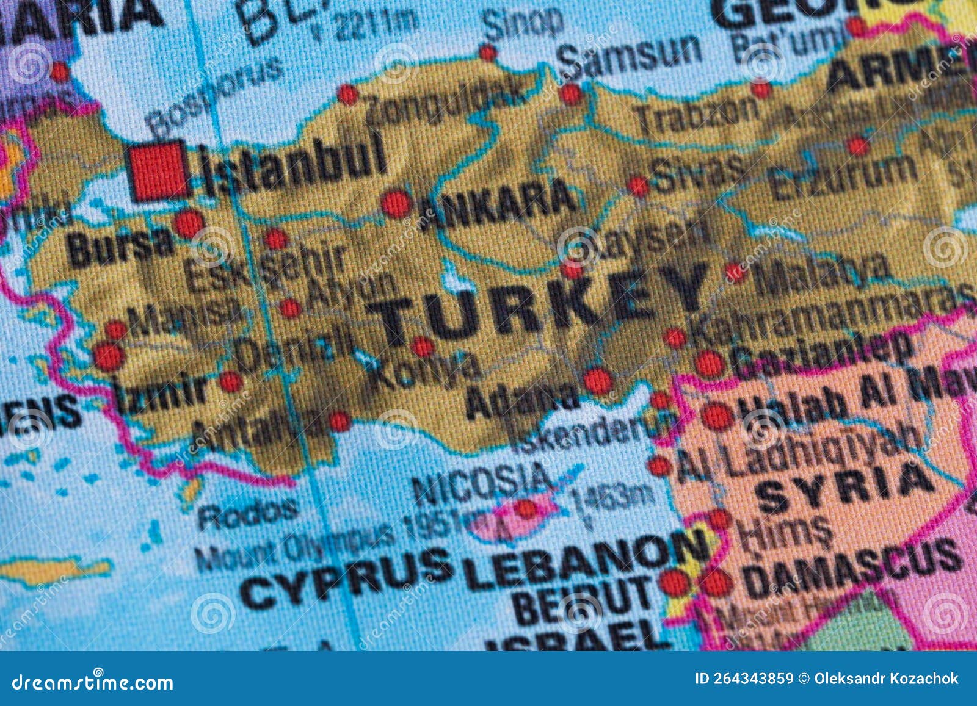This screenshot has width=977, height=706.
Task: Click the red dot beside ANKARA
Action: [x=396, y=204]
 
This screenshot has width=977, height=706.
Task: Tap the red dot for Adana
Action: [x=597, y=381]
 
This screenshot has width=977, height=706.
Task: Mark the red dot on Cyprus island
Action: [x=526, y=508]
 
